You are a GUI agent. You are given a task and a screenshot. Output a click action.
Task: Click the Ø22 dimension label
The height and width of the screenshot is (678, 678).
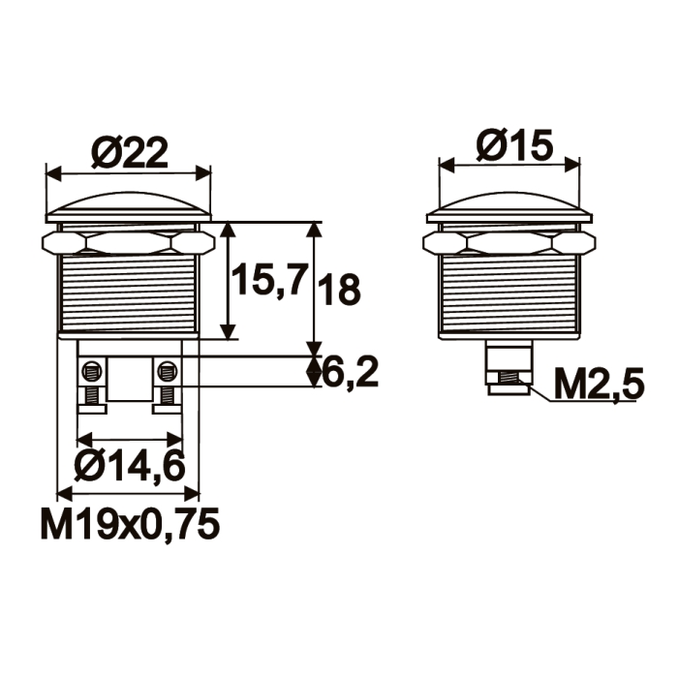click(130, 154)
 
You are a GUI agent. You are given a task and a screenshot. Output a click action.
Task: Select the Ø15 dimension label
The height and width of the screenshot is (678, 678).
click(514, 145)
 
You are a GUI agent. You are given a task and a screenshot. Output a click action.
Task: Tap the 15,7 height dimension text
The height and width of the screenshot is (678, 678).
click(270, 280)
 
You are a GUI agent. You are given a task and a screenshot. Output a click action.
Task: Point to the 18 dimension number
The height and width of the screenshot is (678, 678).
click(339, 290)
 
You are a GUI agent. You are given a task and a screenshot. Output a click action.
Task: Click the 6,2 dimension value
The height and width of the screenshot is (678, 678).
click(351, 371)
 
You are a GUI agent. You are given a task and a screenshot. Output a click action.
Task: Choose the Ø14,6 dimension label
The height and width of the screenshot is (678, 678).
click(129, 466)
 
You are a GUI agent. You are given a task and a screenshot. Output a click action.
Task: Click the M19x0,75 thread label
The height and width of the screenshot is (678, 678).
click(130, 524)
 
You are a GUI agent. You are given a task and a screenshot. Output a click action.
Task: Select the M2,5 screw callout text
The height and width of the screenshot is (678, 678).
click(599, 385)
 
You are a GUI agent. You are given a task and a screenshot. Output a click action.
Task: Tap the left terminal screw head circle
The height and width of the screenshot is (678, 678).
click(91, 371)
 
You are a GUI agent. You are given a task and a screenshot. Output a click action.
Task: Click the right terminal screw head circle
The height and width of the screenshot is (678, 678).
click(167, 371)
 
